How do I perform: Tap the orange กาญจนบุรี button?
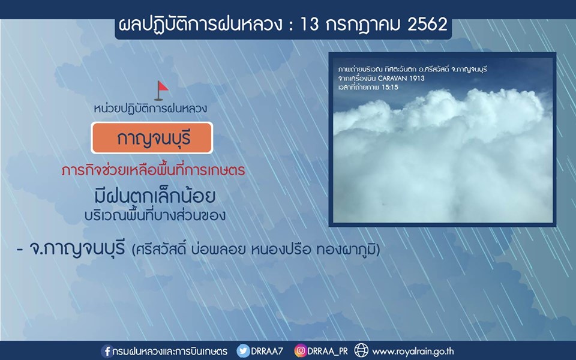152,138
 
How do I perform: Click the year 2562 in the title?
427,24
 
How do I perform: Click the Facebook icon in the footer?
107,351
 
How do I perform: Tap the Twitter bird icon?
243,351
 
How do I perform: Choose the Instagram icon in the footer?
300,351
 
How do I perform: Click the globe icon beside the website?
361,350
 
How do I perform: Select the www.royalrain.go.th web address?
413,352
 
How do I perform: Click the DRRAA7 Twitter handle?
267,351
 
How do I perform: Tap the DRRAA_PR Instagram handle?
328,351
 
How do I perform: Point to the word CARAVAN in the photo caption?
395,78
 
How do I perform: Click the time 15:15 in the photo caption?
390,88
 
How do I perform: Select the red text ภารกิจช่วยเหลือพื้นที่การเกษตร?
153,170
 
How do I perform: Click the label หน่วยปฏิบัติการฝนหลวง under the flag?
151,109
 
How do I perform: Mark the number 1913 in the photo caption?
419,78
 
